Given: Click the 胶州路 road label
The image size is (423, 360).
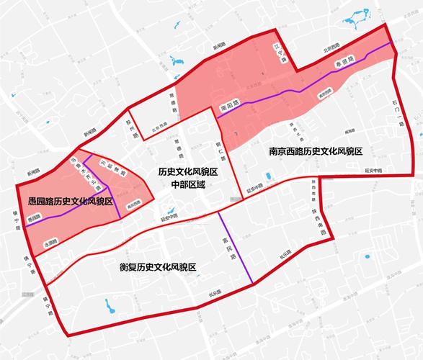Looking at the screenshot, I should pyautogui.click(x=130, y=127).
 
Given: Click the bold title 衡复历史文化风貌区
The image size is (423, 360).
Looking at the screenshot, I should pyautogui.click(x=158, y=267).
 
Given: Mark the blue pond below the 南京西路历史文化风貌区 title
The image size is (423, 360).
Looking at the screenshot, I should pyautogui.click(x=268, y=176).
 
